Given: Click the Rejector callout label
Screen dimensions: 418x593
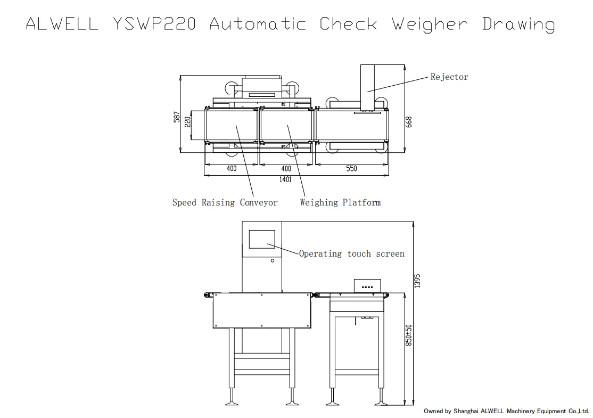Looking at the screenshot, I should [x=449, y=77].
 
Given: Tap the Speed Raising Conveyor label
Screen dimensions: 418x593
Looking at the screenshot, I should [x=225, y=202].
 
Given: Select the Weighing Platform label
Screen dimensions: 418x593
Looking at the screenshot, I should [x=340, y=202].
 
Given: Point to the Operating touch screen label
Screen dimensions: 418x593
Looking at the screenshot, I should [x=351, y=253].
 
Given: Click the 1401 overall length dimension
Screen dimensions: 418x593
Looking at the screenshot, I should [x=285, y=179].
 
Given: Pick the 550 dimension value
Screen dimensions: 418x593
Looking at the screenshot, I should [x=351, y=169].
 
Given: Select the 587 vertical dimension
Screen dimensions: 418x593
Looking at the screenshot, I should [x=177, y=117].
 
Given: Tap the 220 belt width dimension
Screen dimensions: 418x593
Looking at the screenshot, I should [x=187, y=122].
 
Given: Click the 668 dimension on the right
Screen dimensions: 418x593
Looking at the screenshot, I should [x=409, y=122].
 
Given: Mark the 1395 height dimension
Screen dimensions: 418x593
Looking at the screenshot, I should [x=418, y=281].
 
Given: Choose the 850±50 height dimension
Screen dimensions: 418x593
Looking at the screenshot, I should [x=409, y=334].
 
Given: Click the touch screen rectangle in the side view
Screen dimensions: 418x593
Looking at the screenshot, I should [x=262, y=239].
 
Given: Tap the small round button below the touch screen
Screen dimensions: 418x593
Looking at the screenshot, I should [x=273, y=260].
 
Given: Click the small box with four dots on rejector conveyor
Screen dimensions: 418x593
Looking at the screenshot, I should [x=367, y=286].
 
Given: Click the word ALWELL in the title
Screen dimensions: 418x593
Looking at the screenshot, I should [x=62, y=24].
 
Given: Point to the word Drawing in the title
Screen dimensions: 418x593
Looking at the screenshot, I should [x=518, y=24].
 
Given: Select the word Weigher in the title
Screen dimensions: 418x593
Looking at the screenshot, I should [x=430, y=24].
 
